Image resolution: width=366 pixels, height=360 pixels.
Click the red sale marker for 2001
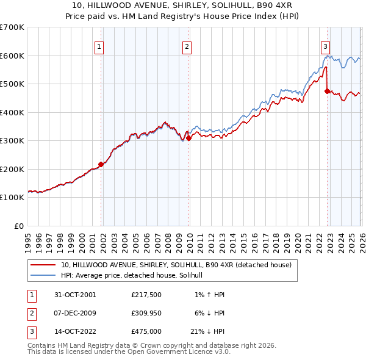tap(101, 164)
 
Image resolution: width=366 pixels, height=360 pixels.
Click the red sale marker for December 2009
tap(188, 138)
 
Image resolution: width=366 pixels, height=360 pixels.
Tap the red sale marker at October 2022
tap(327, 91)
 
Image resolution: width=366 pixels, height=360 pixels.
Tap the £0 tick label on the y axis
tap(18, 226)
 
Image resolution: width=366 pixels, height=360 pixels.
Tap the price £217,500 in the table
tap(146, 294)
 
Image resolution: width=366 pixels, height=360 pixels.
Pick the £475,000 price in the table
tap(146, 332)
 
